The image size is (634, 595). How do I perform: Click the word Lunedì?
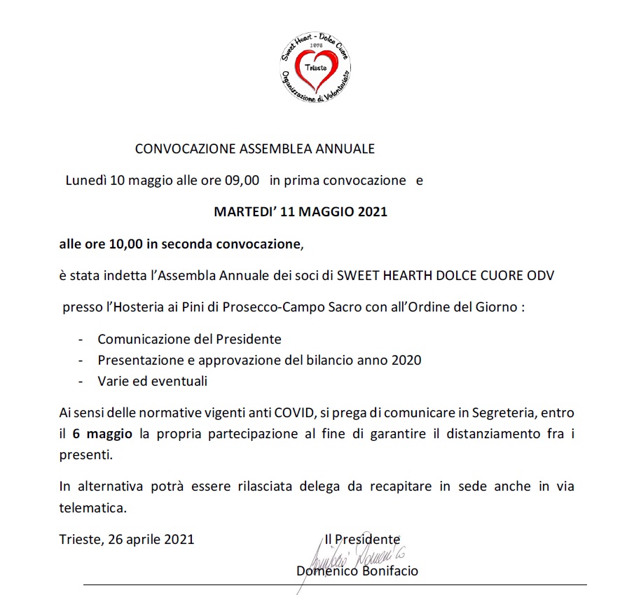[85, 180]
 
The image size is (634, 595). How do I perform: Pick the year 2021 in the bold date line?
[372, 211]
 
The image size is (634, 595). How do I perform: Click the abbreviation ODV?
[539, 275]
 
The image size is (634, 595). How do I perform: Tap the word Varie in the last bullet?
[112, 381]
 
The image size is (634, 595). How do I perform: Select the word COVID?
[292, 413]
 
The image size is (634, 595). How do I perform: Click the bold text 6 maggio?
[102, 434]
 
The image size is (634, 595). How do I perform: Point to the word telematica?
[92, 505]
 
